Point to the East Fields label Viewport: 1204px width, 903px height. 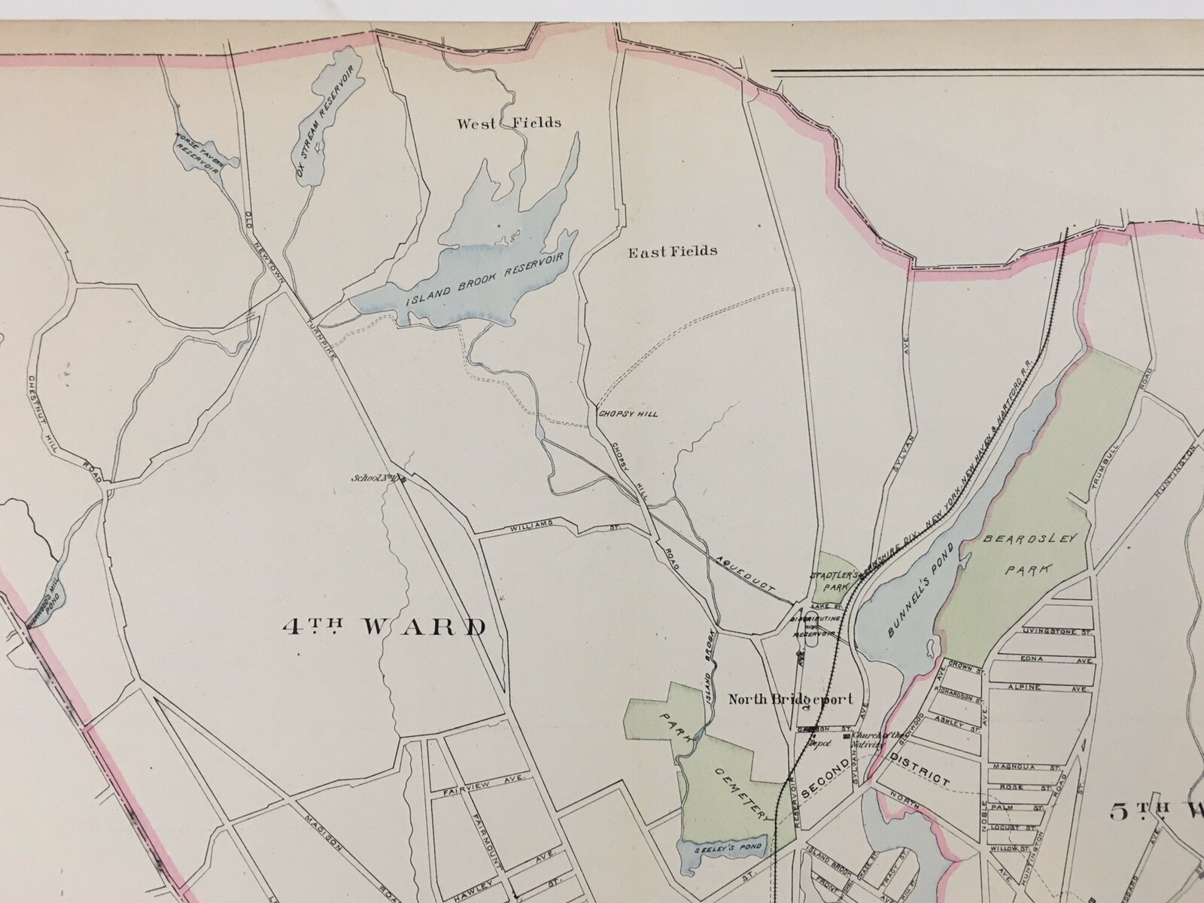(673, 251)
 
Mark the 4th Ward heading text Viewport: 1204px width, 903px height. (384, 626)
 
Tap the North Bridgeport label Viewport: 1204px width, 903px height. (790, 699)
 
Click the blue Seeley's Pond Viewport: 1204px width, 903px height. (720, 848)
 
